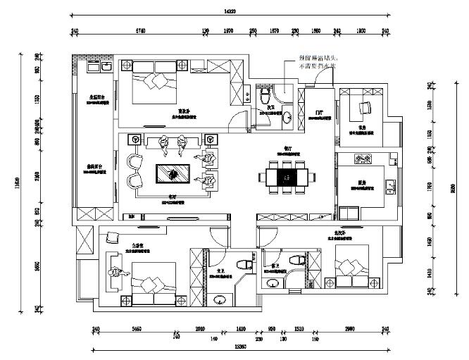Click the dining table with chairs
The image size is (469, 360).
[286, 175]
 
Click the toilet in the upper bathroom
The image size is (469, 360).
[265, 94]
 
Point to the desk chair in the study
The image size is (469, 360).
[365, 107]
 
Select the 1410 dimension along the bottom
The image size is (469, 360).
[241, 329]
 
